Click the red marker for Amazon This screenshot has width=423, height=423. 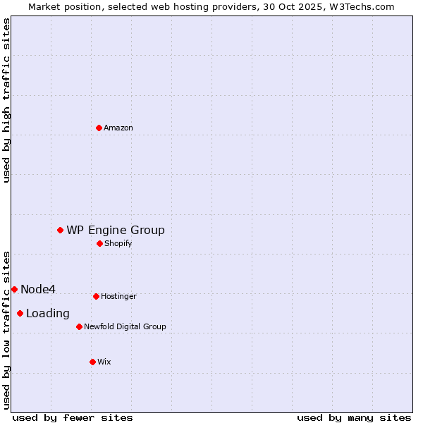point(99,128)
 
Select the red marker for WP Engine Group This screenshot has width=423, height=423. point(61,230)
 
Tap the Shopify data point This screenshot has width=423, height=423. point(99,243)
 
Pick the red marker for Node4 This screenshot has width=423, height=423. point(14,289)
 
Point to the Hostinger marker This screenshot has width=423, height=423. point(96,296)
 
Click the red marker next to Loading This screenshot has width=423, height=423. point(20,313)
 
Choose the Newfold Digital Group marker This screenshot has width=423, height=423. point(79,326)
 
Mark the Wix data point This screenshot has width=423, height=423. point(92,362)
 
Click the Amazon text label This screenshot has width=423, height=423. point(118,128)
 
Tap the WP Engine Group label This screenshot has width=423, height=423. point(116,230)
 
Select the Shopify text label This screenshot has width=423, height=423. point(118,243)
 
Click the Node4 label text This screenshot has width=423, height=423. point(38,289)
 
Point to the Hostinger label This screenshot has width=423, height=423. point(118,296)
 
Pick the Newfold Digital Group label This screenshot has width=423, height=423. point(125,326)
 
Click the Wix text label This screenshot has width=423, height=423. point(104,362)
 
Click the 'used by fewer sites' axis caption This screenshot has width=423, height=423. point(73,417)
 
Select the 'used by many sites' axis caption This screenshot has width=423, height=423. point(354,417)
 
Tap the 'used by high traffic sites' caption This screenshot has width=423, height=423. point(6,100)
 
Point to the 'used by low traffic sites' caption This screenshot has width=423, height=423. point(6,330)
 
